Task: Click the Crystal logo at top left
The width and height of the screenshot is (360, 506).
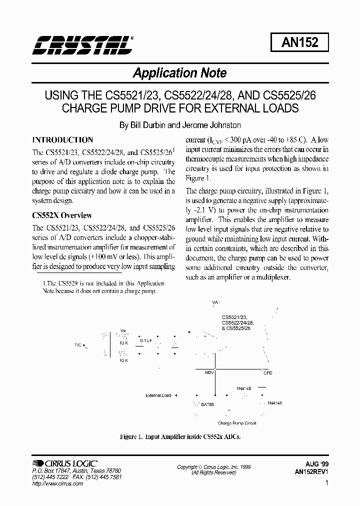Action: click(83, 44)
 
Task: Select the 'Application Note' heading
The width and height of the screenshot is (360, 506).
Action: click(179, 73)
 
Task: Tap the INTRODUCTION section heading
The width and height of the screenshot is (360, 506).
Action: click(62, 140)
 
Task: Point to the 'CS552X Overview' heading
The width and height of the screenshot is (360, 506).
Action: click(62, 215)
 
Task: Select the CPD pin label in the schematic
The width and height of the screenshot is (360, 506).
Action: click(268, 373)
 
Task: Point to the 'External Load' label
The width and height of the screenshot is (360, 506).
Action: click(158, 395)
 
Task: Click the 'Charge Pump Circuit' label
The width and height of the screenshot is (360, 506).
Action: click(237, 423)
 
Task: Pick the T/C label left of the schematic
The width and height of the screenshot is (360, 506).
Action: click(78, 344)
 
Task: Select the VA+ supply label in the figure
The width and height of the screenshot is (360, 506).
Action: click(216, 303)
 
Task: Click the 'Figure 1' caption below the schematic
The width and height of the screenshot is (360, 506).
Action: click(180, 436)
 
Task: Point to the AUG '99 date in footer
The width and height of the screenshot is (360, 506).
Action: click(318, 464)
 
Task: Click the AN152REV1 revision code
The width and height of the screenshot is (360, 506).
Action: click(312, 472)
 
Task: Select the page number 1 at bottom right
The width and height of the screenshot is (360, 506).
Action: click(326, 483)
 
